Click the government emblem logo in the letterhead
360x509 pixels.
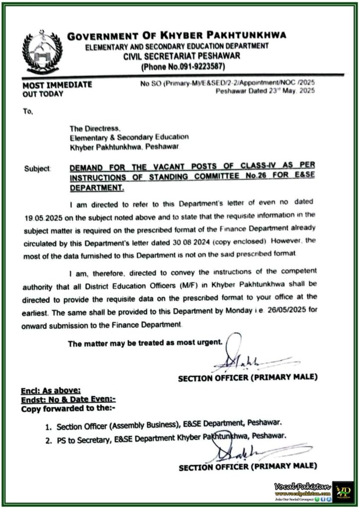coord(42,52)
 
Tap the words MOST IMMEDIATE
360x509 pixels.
coord(57,85)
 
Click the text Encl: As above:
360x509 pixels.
coord(51,391)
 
